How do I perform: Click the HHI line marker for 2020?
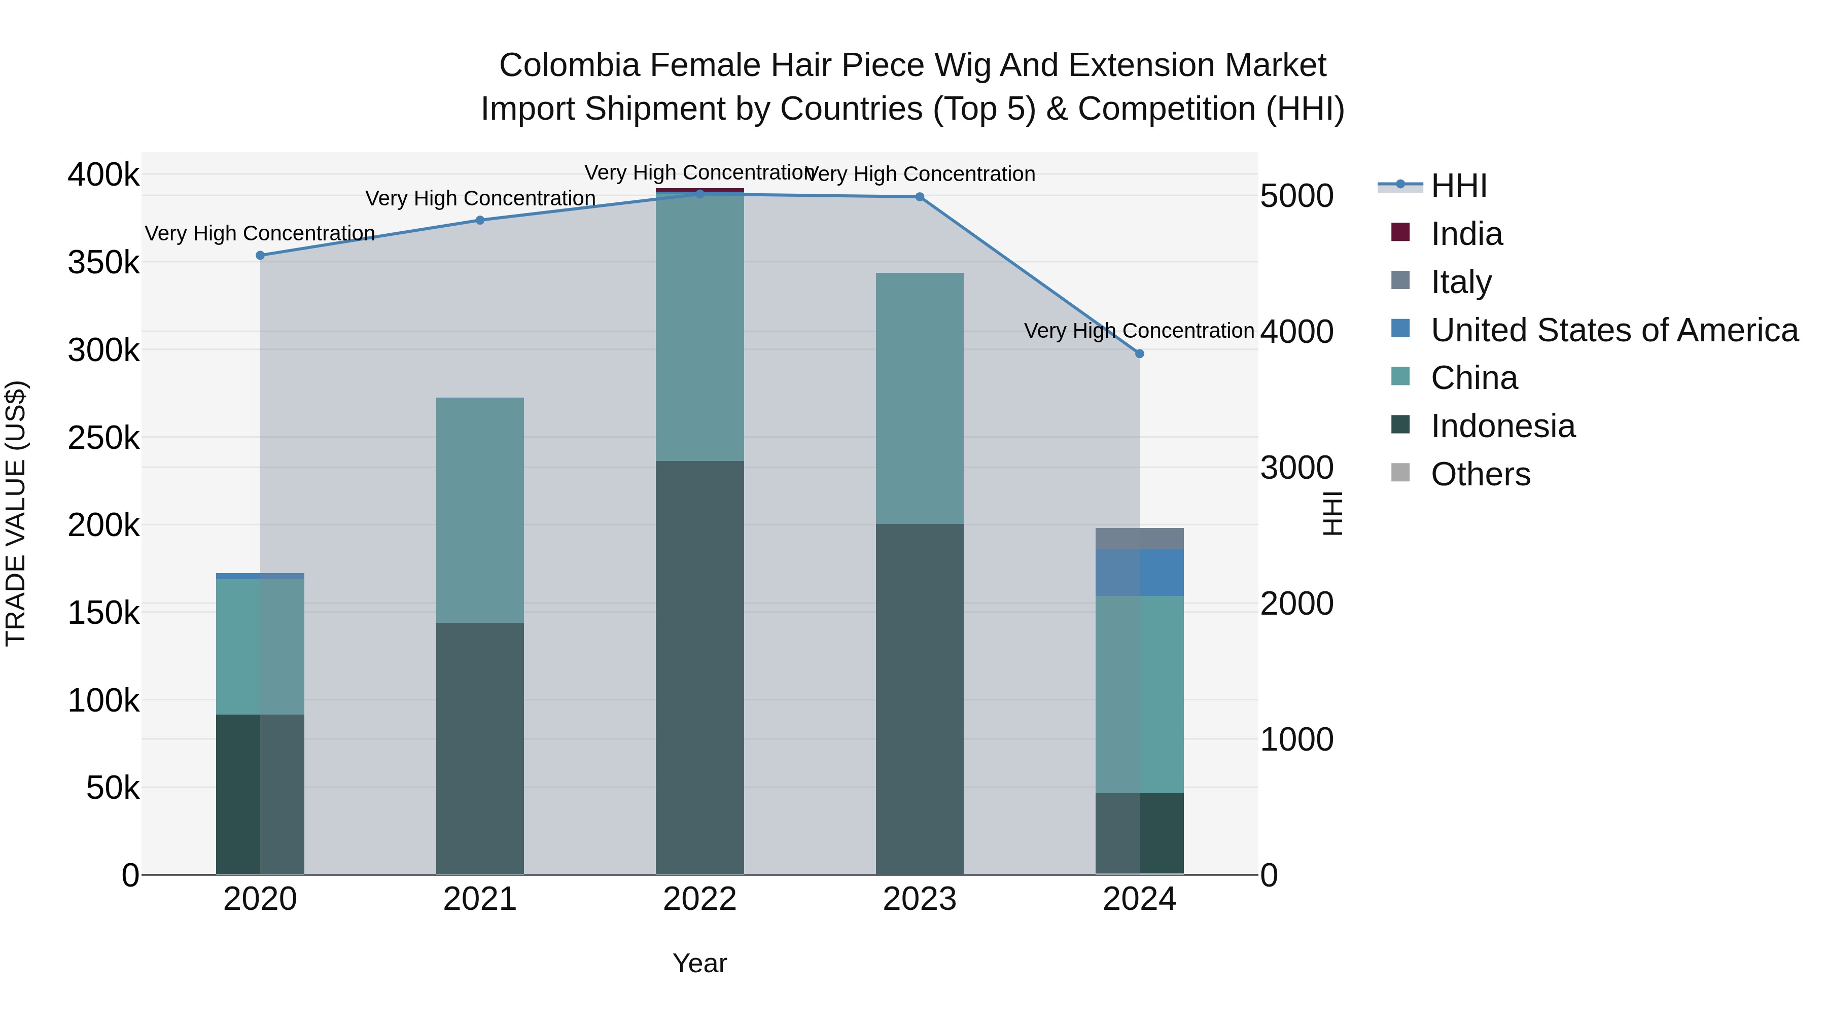click(260, 255)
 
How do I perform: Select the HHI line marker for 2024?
click(1139, 353)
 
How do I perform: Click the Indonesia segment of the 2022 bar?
click(699, 666)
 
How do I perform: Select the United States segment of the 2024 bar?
click(1139, 573)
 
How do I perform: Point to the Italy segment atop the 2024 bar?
click(1139, 539)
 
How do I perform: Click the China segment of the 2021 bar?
click(480, 510)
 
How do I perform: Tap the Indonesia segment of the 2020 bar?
click(260, 794)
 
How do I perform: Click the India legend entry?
click(1466, 234)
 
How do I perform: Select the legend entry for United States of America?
click(1614, 330)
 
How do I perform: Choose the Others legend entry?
click(1480, 474)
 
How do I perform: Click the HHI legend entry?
click(1458, 186)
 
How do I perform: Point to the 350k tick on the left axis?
click(103, 262)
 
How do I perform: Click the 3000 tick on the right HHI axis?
click(1296, 468)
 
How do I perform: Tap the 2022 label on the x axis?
click(699, 899)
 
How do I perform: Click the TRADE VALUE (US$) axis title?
click(16, 513)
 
